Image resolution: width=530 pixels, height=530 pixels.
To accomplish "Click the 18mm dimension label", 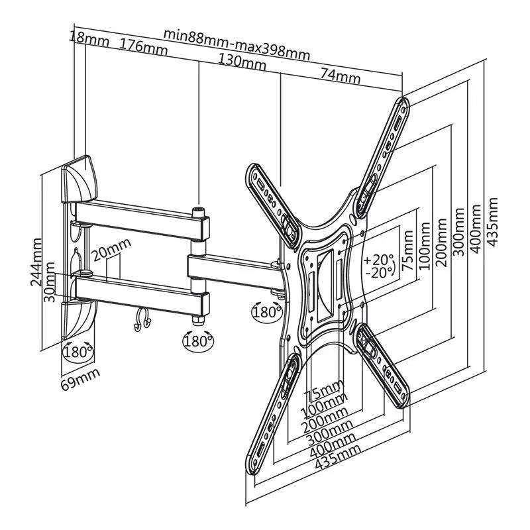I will (88, 38).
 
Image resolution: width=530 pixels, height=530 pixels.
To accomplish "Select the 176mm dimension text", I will (144, 46).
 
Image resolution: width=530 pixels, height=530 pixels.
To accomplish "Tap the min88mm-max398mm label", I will (237, 41).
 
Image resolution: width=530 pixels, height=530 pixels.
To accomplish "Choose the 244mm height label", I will (37, 263).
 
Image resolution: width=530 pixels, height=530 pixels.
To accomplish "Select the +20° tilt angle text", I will (379, 260).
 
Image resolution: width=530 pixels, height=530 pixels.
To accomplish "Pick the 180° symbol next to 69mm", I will (78, 351).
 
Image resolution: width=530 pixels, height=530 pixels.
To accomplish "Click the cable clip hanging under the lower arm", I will (141, 321).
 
